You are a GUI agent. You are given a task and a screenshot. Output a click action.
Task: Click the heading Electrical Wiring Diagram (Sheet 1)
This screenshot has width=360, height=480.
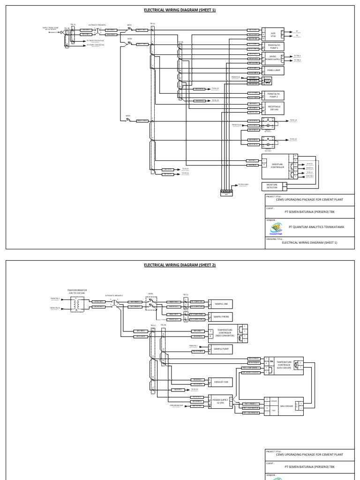pos(180,9)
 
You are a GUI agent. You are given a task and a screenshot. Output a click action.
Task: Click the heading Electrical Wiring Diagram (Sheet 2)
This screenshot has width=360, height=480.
pos(180,265)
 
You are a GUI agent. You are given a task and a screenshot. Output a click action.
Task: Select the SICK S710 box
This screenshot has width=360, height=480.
pos(273,34)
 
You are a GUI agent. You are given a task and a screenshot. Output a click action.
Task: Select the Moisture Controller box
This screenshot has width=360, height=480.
pos(277,165)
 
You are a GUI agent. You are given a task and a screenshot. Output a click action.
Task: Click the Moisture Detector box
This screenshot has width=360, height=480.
pos(272,187)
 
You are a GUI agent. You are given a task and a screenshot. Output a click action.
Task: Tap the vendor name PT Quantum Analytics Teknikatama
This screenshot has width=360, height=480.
pos(316,227)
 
